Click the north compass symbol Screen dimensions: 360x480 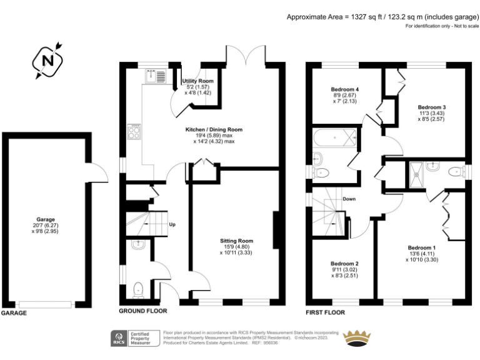47,61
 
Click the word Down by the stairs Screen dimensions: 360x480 349,199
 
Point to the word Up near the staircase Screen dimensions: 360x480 172,224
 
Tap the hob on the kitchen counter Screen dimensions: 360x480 134,131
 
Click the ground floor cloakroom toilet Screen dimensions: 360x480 139,289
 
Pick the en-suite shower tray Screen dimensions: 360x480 415,169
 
